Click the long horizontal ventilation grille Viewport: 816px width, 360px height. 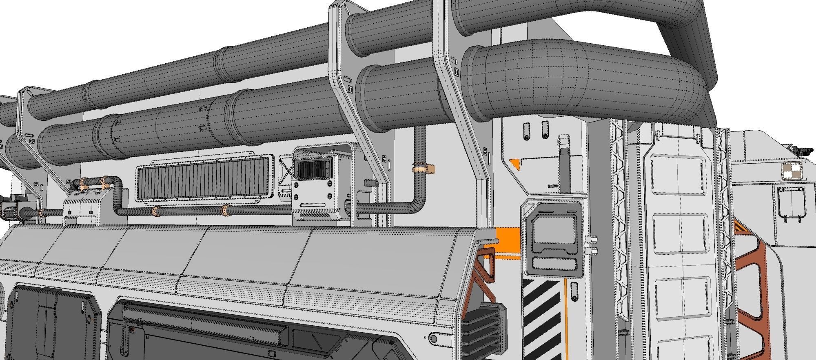pos(204,178)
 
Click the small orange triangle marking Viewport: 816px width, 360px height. pos(516,164)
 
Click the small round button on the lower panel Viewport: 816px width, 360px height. pos(433,338)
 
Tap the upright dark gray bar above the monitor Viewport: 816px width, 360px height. pos(564,167)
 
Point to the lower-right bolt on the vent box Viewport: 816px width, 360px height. pos(329,196)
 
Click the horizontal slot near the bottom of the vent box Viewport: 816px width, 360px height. pos(314,204)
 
